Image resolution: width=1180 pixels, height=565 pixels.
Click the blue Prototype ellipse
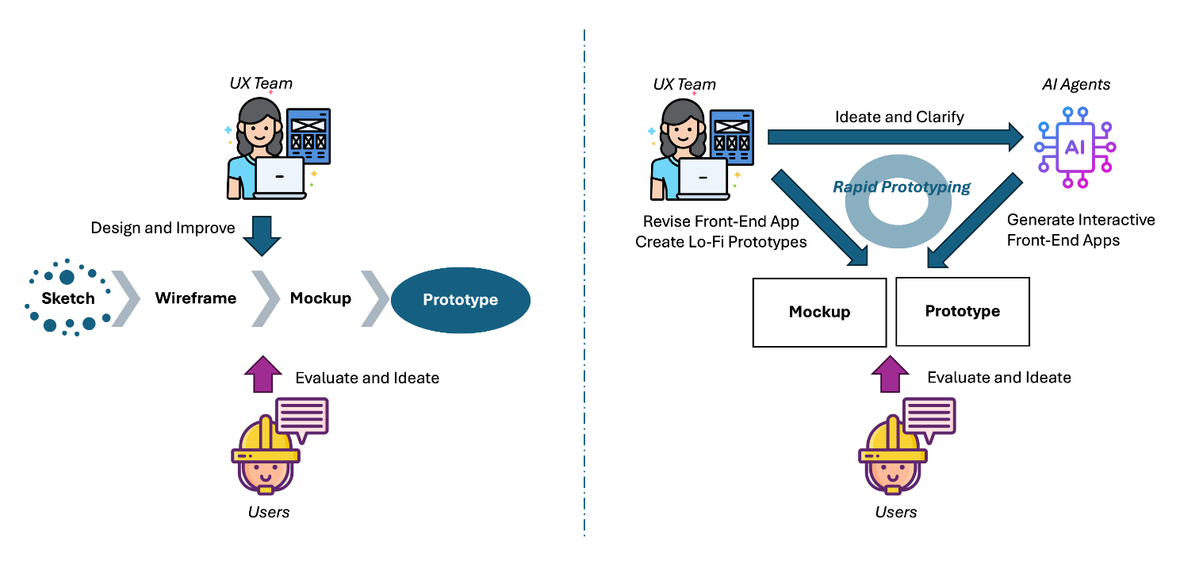click(x=460, y=300)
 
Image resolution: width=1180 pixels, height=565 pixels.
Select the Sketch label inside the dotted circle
click(x=68, y=299)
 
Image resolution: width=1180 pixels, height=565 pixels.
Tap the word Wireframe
click(x=195, y=298)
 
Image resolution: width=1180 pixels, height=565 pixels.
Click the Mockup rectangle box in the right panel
click(x=819, y=312)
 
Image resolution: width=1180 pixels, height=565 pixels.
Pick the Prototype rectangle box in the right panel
click(x=962, y=311)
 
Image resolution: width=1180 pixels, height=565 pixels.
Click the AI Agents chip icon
click(x=1075, y=148)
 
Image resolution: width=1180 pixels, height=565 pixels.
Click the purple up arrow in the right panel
click(x=891, y=373)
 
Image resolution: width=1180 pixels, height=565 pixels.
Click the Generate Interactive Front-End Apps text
click(x=1080, y=230)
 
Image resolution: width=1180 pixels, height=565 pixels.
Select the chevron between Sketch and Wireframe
click(x=125, y=298)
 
